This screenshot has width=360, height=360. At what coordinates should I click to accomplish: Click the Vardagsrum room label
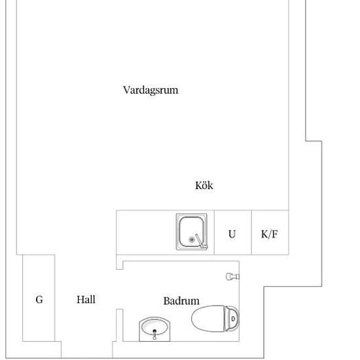[x=151, y=90]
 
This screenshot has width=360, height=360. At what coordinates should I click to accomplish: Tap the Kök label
[x=204, y=185]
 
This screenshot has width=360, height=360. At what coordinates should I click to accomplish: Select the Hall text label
[x=86, y=299]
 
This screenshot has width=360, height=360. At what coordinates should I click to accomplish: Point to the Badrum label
[x=181, y=301]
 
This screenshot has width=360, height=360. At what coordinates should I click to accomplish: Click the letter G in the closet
[x=39, y=299]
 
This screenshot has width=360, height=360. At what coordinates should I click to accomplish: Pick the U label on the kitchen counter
[x=232, y=234]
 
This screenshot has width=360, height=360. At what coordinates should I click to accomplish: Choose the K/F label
[x=269, y=234]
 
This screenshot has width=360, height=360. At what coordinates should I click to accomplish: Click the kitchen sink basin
[x=192, y=232]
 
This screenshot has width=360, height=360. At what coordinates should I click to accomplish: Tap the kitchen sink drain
[x=192, y=240]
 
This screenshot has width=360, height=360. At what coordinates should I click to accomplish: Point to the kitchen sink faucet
[x=201, y=242]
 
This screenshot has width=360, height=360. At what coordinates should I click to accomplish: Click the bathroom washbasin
[x=154, y=329]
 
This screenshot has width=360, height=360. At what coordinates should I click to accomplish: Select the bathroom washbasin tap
[x=154, y=334]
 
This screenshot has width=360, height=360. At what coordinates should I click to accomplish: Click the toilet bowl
[x=207, y=318]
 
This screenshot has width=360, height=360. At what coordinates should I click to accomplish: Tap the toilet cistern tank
[x=232, y=319]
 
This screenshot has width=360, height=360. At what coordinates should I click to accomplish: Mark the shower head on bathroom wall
[x=232, y=276]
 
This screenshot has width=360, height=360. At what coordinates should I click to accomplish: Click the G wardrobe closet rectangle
[x=39, y=298]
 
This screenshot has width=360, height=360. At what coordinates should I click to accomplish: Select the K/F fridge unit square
[x=270, y=232]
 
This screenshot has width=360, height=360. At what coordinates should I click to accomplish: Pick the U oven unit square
[x=233, y=232]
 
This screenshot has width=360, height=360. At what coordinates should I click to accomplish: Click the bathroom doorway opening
[x=119, y=289]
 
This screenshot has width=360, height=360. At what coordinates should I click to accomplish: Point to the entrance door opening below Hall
[x=87, y=350]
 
